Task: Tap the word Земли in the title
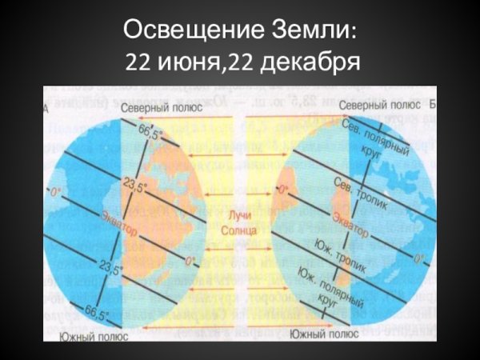click(313, 33)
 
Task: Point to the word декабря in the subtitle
click(313, 62)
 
